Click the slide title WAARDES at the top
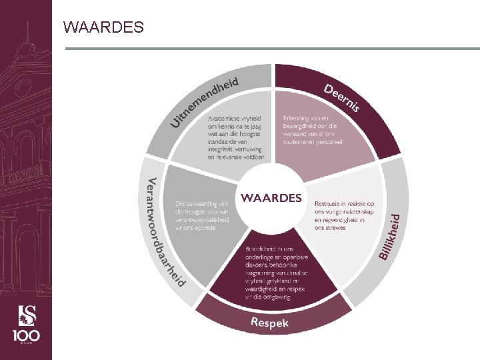point(103,27)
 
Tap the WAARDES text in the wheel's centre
point(271,198)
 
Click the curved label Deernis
point(342,98)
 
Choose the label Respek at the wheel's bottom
point(269,323)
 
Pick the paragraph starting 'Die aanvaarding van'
point(203,214)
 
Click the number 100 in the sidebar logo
point(26,335)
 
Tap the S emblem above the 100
point(26,312)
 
